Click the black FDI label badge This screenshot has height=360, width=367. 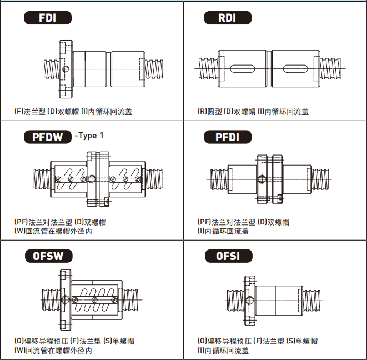(48, 18)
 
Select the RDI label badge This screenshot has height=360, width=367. (228, 18)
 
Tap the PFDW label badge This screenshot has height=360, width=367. (48, 137)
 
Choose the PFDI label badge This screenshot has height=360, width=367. (228, 137)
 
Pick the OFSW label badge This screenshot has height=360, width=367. (49, 256)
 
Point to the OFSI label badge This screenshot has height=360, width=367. (229, 256)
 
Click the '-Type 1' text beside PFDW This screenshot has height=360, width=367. (89, 136)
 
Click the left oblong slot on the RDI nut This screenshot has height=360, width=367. (242, 69)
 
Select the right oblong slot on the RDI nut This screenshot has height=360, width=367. (295, 69)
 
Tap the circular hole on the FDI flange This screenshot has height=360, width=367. (66, 69)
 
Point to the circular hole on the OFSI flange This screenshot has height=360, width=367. (249, 301)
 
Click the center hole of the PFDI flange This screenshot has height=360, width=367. (262, 179)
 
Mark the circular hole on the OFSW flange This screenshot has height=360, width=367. (65, 299)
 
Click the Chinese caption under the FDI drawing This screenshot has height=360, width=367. (73, 112)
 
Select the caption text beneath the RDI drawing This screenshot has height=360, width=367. (253, 112)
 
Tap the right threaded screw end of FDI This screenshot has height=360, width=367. (154, 69)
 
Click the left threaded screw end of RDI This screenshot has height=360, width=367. (208, 69)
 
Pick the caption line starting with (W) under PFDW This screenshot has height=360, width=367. (53, 231)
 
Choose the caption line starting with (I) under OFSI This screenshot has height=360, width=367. (223, 351)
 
